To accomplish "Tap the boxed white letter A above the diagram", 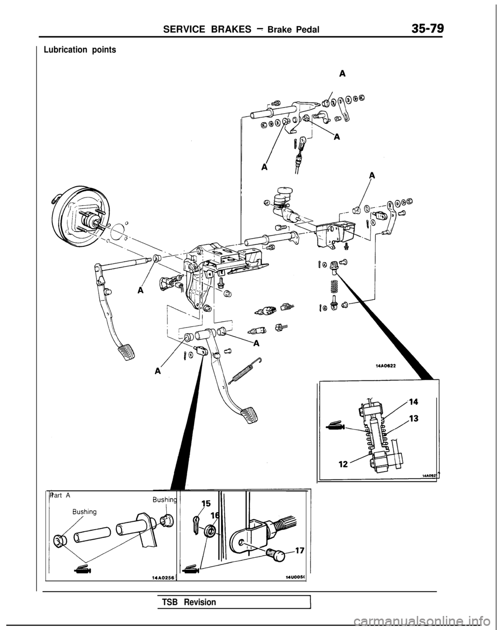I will tap(342, 73).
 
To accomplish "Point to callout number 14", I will tap(414, 401).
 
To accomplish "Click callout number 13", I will tap(414, 418).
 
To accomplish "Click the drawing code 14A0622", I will tap(386, 366).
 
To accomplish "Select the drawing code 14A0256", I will tap(162, 577).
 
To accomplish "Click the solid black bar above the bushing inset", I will tap(102, 498).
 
